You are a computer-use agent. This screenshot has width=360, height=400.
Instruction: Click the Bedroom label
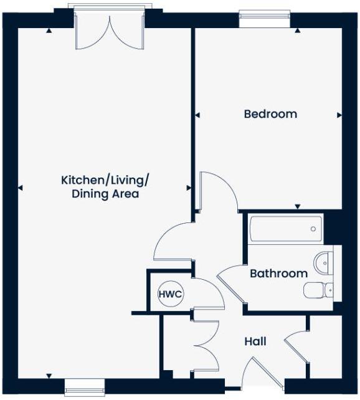coord(270,114)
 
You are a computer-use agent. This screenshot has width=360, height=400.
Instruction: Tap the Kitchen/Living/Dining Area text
coord(105,187)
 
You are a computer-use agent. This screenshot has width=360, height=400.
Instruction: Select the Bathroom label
coord(278,274)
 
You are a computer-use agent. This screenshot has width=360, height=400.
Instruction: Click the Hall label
coord(255,341)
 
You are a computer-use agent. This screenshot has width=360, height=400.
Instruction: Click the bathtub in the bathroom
coord(286,229)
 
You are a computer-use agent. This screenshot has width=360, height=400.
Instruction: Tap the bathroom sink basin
coord(324,263)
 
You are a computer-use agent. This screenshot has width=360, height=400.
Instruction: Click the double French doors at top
coord(110,31)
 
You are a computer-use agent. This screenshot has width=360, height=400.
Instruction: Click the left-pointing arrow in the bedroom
coord(197,115)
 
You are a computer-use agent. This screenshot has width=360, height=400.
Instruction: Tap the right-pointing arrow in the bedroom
coord(339,115)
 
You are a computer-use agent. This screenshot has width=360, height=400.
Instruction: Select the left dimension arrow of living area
coord(21,188)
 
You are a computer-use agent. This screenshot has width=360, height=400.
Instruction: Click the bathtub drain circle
coord(313,229)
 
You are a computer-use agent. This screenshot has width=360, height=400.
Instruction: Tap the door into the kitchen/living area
coord(174,243)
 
